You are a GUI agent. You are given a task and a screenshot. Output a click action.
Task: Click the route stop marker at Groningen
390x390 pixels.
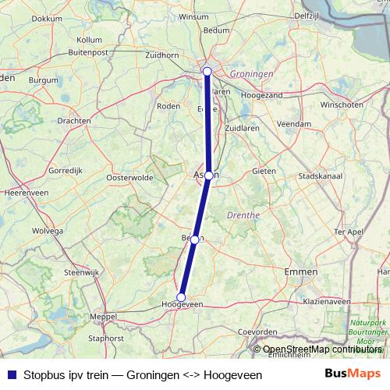pyautogui.click(x=207, y=72)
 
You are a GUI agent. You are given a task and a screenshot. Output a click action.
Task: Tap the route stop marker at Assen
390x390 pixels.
pyautogui.click(x=209, y=175)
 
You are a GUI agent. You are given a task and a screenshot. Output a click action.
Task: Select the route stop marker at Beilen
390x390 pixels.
pyautogui.click(x=194, y=239)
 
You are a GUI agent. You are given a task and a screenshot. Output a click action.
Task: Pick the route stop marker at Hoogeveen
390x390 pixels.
pyautogui.click(x=181, y=296)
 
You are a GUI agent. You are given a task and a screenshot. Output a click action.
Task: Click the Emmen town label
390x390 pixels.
pyautogui.click(x=302, y=271)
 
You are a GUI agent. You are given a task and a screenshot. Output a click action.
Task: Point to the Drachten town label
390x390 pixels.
pyautogui.click(x=74, y=121)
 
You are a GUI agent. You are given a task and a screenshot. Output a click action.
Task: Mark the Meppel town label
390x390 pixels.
pyautogui.click(x=102, y=317)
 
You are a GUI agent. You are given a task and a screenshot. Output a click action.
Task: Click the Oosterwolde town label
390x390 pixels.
pyautogui.click(x=128, y=177)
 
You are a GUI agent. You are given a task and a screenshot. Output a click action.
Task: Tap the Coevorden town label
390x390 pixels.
pyautogui.click(x=258, y=331)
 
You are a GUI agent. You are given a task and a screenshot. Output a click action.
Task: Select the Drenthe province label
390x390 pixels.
pyautogui.click(x=242, y=213)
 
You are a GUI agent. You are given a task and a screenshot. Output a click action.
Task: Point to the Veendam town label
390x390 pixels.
pyautogui.click(x=294, y=123)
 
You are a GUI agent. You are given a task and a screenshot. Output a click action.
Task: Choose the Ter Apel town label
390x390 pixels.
pyautogui.click(x=349, y=232)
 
